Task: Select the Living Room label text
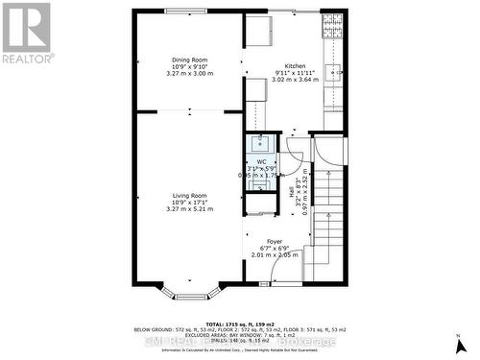click(190, 195)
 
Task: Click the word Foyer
click(275, 240)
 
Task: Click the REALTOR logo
click(27, 32)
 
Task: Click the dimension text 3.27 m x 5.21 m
click(190, 209)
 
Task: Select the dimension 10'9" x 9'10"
click(189, 66)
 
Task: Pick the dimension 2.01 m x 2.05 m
click(275, 255)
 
